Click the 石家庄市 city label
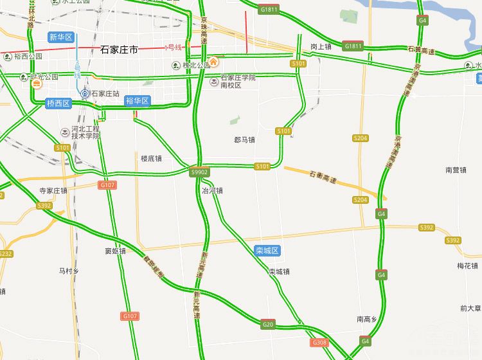coord(120,50)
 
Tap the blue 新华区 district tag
coord(62,37)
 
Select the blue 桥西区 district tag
coord(59,103)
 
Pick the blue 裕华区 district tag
coord(138,101)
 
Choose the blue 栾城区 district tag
coord(266,250)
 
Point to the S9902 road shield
coord(200,172)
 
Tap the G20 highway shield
coord(268,324)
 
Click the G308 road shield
coord(319,343)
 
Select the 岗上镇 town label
coord(320,47)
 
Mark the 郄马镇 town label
coord(245,140)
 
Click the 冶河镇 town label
coord(212,190)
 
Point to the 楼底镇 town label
coord(151,158)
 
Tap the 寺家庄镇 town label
coord(53,190)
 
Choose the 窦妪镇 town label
coord(115,251)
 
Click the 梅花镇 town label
coord(467,265)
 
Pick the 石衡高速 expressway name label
coord(323,177)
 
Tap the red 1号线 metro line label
coord(174,47)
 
